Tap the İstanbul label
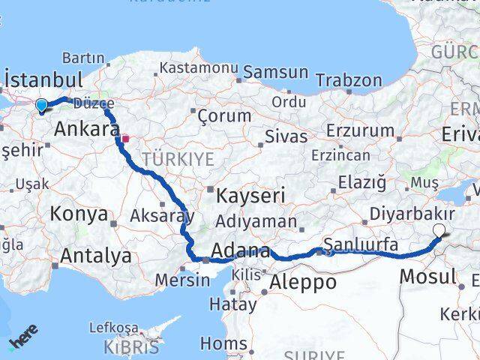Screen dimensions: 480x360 [x=43, y=79]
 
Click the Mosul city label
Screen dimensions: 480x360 [x=427, y=276]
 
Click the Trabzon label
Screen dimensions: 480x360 [x=349, y=80]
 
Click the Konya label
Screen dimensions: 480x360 [x=79, y=214]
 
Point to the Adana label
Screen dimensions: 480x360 [x=241, y=250]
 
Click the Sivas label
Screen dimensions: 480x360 [x=286, y=136]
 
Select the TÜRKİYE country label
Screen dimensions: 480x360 [x=178, y=158]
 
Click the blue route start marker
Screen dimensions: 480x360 [x=41, y=106]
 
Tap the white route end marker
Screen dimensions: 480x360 [x=439, y=232]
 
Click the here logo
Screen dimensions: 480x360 [x=22, y=342]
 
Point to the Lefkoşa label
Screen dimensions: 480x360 [x=113, y=328]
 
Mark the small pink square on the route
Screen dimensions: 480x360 [x=126, y=138]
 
